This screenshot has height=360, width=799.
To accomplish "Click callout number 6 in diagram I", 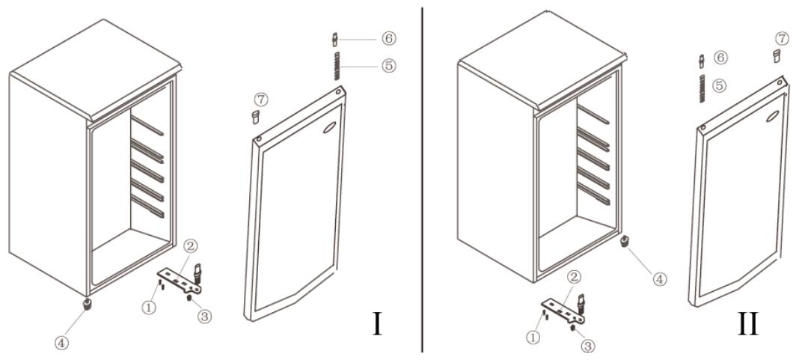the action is coord(388,39).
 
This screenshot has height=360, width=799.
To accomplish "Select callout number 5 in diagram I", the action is coord(388,67).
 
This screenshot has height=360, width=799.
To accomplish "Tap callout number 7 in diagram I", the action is coord(260,100).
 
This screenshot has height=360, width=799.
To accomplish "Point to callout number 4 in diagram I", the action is coord(61,344).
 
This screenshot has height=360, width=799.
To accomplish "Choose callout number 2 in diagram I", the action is coord(189,246).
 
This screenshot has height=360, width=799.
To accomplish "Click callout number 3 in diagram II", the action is coord(588,346).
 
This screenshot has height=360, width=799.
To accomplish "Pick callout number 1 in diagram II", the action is coord(533,337).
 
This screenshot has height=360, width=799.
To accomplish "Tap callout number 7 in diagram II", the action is coord(781,38).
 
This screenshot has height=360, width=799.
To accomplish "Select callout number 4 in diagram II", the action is coord(659,279).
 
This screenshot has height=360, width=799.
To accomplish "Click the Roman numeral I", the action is coord(377,324).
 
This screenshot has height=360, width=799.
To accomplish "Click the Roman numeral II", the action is coord(748,324).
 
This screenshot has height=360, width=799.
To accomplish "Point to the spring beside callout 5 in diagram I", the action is coord(337,65).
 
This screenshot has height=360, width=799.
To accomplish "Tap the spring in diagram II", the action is coord(702,88).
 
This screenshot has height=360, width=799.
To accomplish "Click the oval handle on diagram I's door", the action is coord(329,129).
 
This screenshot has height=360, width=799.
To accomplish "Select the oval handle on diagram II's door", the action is coord(774,116).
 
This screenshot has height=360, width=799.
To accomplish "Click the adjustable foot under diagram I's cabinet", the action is coord(87,305).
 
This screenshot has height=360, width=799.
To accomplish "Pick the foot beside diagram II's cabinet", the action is coord(622,241).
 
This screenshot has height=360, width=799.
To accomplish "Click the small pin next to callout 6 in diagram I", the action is coord(334,39).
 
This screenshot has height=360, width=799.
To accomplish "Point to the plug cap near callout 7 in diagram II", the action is coord(777,56).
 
